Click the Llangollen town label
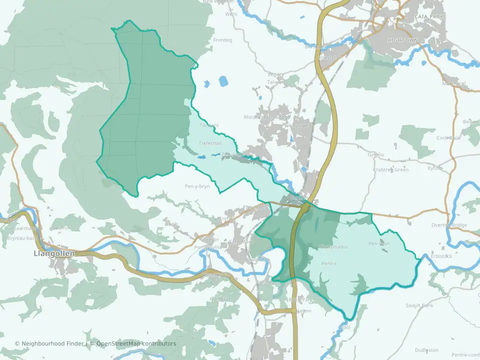pyautogui.click(x=53, y=253)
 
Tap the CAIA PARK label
pyautogui.click(x=428, y=16)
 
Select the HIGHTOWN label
pyautogui.click(x=401, y=39)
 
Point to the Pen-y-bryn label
pyautogui.click(x=197, y=186)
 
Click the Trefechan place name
pyautogui.click(x=210, y=143)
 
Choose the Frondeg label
pyautogui.click(x=222, y=40)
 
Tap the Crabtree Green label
pyautogui.click(x=390, y=169)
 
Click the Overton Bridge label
pyautogui.click(x=449, y=225)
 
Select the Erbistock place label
pyautogui.click(x=441, y=256)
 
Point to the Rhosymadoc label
pyautogui.click(x=333, y=247)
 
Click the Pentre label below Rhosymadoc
pyautogui.click(x=329, y=263)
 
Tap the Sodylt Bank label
pyautogui.click(x=419, y=305)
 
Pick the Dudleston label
pyautogui.click(x=426, y=350)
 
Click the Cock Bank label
pyautogui.click(x=448, y=137)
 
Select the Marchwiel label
pyautogui.click(x=454, y=83)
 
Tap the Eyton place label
pyautogui.click(x=434, y=168)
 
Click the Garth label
pyautogui.click(x=171, y=224)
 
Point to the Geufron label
pyautogui.click(x=60, y=227)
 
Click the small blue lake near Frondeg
pyautogui.click(x=222, y=80)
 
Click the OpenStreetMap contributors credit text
pyautogui.click(x=136, y=343)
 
